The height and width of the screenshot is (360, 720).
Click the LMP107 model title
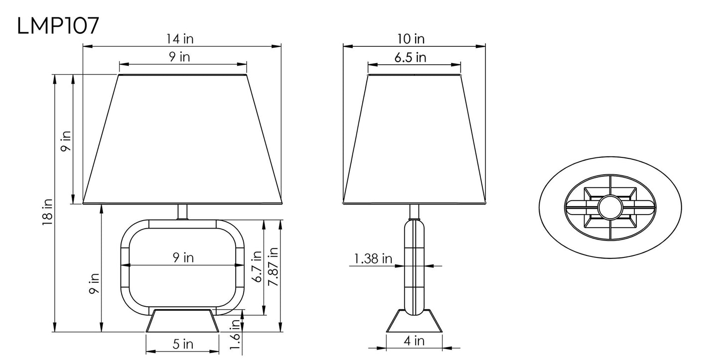pos(58,26)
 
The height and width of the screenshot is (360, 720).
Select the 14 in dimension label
pos(180,39)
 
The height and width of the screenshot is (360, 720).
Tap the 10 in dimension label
pos(411,39)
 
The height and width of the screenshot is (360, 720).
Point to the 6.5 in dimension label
pos(410,57)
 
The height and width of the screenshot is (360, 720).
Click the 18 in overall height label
pos(47,212)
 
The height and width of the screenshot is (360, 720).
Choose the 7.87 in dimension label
pos(273,266)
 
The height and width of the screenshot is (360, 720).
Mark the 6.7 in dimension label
pos(257,266)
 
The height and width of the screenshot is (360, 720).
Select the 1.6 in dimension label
pos(235,335)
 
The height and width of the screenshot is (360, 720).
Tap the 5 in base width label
pos(183,344)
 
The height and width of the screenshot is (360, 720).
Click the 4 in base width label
pos(414,341)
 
